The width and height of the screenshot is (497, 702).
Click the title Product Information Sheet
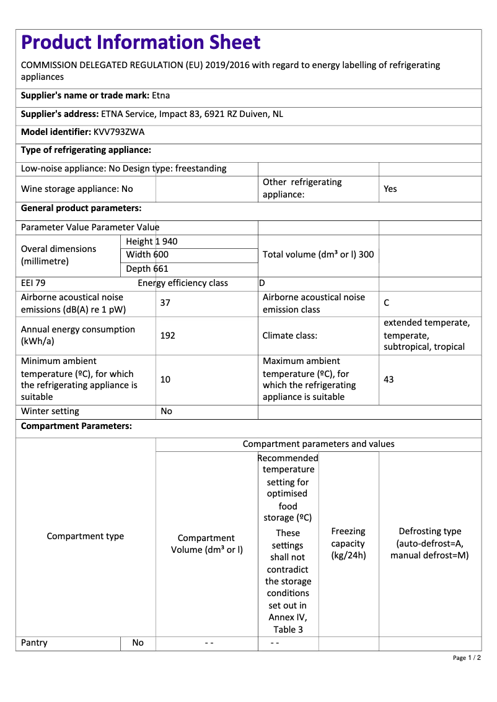(141, 42)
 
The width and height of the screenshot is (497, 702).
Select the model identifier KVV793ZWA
(119, 132)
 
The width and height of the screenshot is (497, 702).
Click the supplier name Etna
(161, 95)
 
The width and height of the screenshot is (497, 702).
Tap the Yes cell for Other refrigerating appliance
(390, 189)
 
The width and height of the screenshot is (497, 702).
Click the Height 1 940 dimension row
(152, 241)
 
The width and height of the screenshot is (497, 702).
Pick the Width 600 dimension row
(147, 254)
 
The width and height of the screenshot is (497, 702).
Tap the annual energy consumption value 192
(167, 336)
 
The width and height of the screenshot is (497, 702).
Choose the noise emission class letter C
(387, 303)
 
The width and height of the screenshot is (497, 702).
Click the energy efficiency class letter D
(262, 283)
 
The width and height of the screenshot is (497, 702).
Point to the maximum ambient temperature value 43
(389, 379)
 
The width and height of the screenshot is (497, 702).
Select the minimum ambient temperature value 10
(165, 379)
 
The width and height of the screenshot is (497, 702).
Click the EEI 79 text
(33, 283)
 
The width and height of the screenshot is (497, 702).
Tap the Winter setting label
(50, 411)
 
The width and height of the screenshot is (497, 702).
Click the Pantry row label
(34, 643)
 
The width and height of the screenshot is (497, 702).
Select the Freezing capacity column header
(348, 543)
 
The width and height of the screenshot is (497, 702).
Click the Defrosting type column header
(429, 543)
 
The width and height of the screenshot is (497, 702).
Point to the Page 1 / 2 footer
(467, 657)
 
